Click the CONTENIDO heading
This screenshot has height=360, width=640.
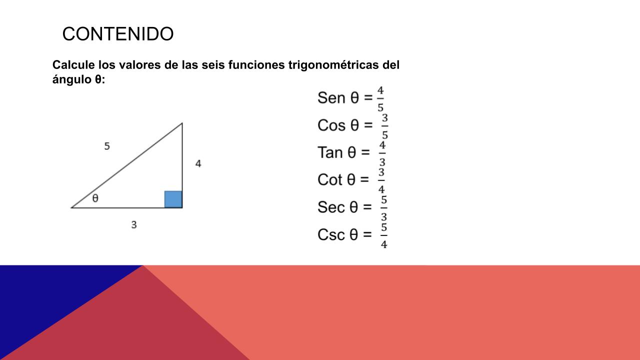pos(117,34)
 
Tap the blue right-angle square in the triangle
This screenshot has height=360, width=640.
pos(173,199)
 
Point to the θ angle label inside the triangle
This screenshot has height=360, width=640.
pos(95,198)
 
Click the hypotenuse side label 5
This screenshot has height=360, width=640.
pos(107,146)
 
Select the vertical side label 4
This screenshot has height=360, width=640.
pos(198,163)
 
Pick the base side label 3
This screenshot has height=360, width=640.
pos(134,225)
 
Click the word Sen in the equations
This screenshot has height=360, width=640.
pos(331,97)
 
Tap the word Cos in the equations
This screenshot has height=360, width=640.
pos(331,125)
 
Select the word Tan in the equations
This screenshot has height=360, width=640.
pos(330,152)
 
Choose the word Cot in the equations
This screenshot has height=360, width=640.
pos(329,179)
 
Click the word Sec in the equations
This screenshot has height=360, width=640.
pos(331,207)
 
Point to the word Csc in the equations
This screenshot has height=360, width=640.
pos(331,234)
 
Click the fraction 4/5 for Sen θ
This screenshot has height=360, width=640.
pos(380,99)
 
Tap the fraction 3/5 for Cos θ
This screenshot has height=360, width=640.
pos(385,126)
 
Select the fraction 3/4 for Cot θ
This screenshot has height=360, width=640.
pos(381,181)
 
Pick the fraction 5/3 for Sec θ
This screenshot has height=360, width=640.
pos(384,208)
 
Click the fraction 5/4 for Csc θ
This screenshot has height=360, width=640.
pos(384,235)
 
